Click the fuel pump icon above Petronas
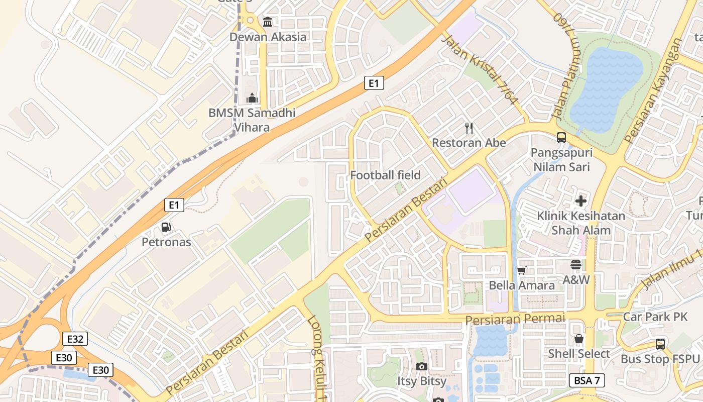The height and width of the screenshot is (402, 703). [x=166, y=227]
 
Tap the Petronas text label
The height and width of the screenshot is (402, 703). [x=166, y=242]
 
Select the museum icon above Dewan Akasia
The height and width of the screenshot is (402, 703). [x=268, y=22]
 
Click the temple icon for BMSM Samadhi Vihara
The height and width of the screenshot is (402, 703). [x=252, y=98]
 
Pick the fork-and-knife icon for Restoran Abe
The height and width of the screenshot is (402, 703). [x=469, y=128]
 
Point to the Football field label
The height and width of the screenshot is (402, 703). [x=385, y=175]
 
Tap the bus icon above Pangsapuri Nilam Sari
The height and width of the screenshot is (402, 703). [x=561, y=137]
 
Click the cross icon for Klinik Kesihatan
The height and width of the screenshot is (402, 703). [x=581, y=202]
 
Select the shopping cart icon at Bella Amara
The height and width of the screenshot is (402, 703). [x=522, y=271]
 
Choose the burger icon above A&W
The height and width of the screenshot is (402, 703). [x=575, y=265]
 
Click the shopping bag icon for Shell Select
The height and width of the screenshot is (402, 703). [x=579, y=339]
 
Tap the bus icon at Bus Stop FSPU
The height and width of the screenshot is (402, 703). [x=660, y=344]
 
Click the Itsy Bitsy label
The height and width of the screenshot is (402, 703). [x=422, y=381]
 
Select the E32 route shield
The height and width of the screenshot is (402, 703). [x=75, y=339]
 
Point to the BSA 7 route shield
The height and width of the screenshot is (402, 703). [x=587, y=380]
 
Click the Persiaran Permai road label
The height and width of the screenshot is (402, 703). [x=515, y=319]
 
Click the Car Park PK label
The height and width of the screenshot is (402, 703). [x=655, y=317]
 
